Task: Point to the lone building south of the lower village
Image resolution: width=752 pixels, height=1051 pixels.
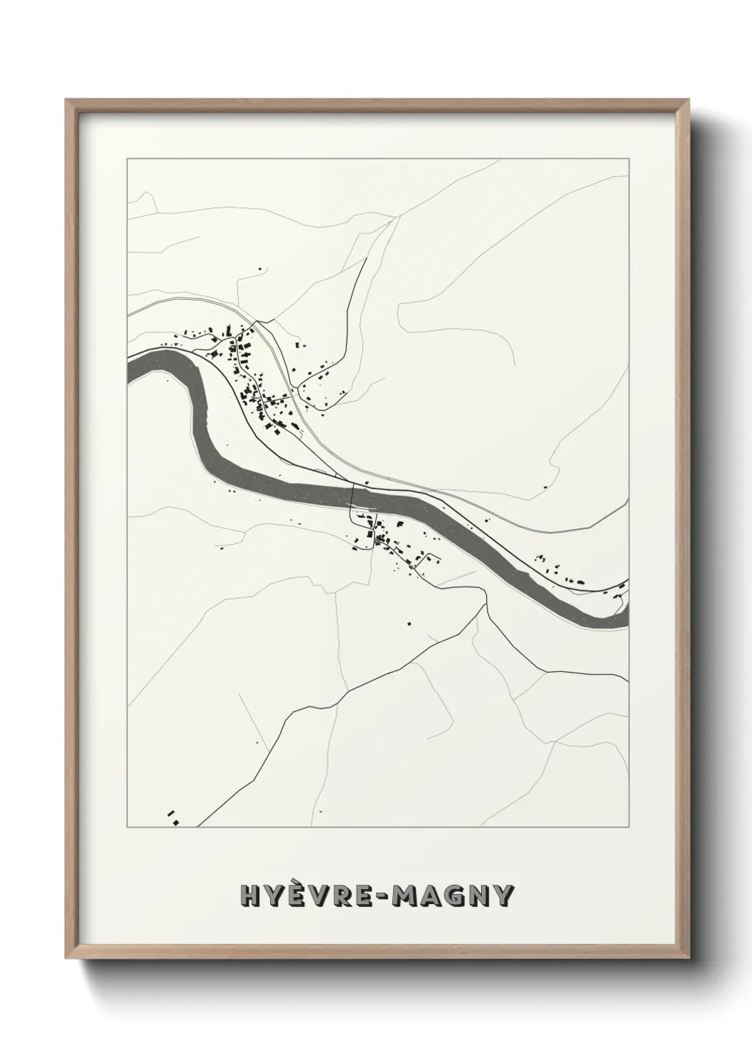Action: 409,623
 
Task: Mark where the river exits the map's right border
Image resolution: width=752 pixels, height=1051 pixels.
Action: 627,616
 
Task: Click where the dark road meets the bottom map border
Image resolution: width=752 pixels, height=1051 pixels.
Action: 198,826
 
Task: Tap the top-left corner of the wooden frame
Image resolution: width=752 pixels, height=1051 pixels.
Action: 68,101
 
